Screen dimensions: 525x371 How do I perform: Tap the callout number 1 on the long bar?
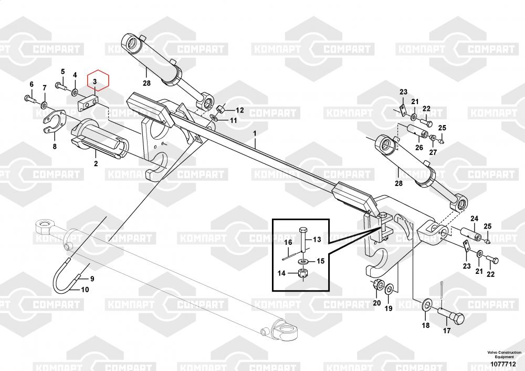tap(255, 133)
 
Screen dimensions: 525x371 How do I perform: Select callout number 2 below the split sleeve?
tap(96, 163)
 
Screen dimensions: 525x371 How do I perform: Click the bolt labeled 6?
tap(29, 99)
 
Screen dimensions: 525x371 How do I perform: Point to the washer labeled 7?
tap(44, 106)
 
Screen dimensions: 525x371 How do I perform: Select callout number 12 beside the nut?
tap(240, 110)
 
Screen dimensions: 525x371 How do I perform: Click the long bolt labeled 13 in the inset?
tap(303, 240)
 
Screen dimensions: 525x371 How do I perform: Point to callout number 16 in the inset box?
tap(288, 242)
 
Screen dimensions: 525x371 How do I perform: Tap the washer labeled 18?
tap(426, 304)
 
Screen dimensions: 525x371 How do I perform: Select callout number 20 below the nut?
tap(377, 303)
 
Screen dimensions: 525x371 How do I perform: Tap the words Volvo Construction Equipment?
tap(504, 355)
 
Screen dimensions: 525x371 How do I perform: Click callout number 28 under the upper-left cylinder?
tap(146, 83)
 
